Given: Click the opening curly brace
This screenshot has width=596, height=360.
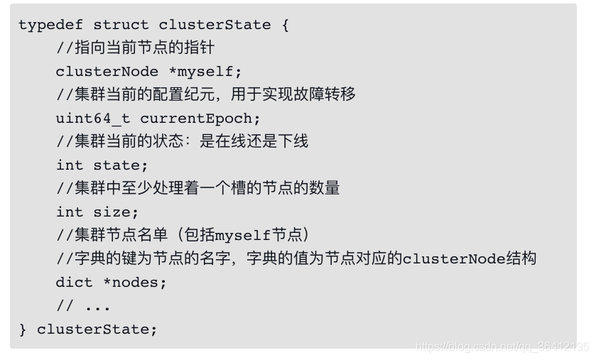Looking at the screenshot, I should point(285,25).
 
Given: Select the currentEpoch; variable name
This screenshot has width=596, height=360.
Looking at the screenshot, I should point(200,119).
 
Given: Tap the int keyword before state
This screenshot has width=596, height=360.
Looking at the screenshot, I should point(70,165).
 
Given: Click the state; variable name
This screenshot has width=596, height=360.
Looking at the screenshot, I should point(121,165).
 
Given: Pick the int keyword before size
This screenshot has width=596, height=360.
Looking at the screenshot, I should point(70,212).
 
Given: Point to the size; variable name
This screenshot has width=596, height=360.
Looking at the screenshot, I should point(116,212).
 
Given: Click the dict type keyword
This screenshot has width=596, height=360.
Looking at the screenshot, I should point(74,283).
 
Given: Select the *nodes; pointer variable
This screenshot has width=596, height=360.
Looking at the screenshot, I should point(135,283).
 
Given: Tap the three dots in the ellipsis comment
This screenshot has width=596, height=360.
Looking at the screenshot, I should point(97,307).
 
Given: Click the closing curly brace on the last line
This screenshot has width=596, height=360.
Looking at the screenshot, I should point(23,329).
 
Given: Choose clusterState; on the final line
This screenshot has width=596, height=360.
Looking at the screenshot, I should point(97,329).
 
